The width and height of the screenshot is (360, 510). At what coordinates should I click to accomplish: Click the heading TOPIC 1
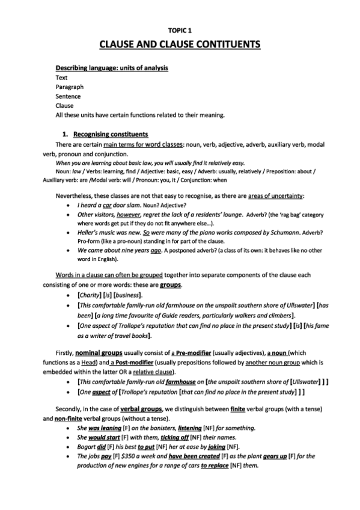[180, 29]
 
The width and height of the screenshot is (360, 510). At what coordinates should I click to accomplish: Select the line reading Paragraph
[69, 87]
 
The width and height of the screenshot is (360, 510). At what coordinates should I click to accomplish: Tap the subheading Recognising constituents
[110, 134]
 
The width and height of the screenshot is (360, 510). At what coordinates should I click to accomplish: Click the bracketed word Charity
[91, 295]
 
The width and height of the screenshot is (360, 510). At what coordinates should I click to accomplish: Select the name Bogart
[90, 448]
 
